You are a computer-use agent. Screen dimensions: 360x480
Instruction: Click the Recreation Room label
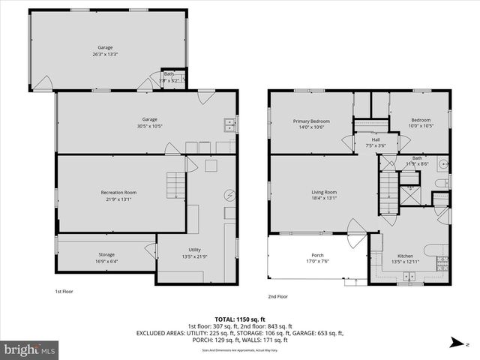pyautogui.click(x=118, y=193)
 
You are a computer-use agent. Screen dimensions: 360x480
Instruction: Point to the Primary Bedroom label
pyautogui.click(x=310, y=121)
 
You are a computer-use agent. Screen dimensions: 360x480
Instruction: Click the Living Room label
pyautogui.click(x=324, y=193)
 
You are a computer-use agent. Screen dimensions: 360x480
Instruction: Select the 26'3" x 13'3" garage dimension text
pyautogui.click(x=105, y=54)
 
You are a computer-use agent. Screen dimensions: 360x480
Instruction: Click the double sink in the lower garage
pyautogui.click(x=228, y=125)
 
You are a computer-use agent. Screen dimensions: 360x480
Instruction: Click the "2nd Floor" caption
pyautogui.click(x=277, y=296)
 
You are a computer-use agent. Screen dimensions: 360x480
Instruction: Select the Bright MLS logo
pyautogui.click(x=30, y=349)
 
